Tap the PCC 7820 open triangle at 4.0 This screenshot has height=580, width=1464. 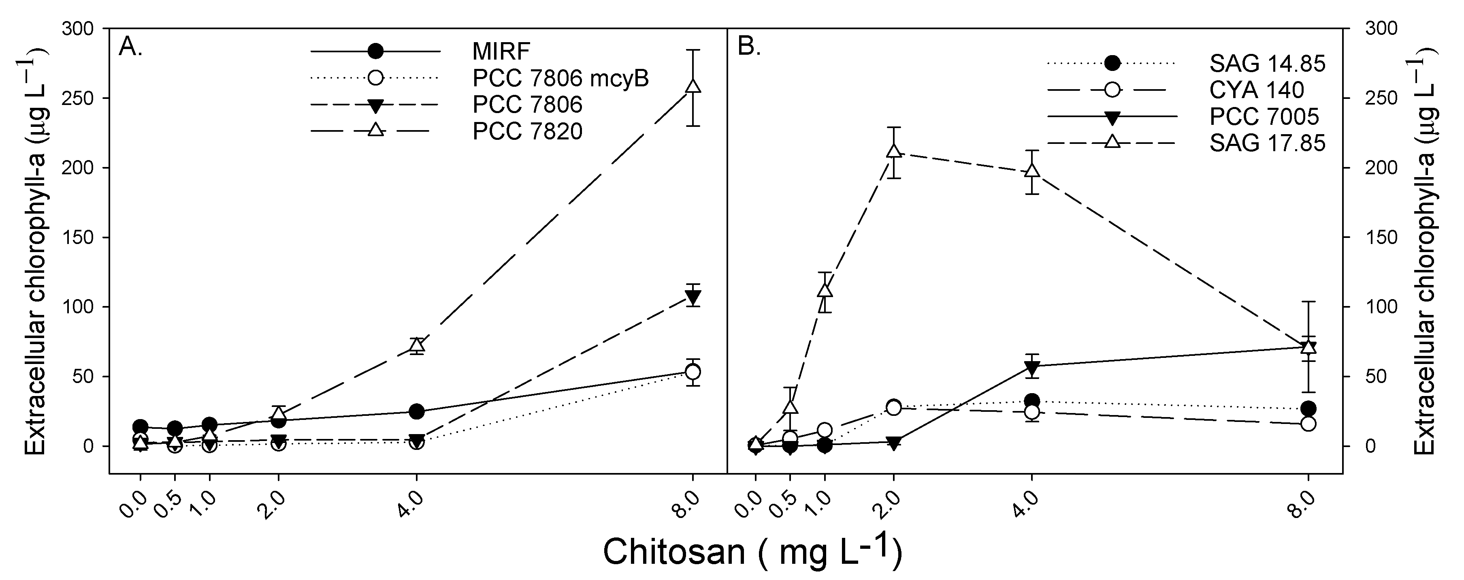pos(417,345)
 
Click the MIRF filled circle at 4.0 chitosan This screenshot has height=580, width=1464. pos(417,411)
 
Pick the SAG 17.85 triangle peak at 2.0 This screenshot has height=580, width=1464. pos(893,151)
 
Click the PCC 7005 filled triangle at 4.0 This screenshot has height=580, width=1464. pos(1032,367)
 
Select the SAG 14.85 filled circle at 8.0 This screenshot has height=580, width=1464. pos(1308,408)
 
